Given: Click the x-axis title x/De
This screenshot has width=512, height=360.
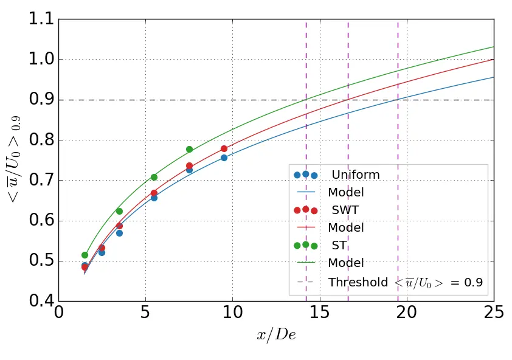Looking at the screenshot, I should [276, 335].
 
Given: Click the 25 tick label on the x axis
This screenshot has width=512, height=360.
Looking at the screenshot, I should [493, 312].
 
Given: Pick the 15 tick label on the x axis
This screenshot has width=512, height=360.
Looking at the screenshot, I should [319, 312].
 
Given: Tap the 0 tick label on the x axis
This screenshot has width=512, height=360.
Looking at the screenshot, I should [59, 312].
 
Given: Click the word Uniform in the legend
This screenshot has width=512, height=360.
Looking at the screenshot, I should [356, 175].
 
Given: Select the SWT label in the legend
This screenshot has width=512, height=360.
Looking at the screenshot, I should [344, 210].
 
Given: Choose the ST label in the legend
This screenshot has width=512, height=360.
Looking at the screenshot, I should [339, 246].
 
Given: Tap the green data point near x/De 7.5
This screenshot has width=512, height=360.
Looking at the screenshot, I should [189, 149].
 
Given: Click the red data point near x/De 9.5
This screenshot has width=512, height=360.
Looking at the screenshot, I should [224, 148].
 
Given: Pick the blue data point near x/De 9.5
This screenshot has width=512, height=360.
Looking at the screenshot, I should [224, 157].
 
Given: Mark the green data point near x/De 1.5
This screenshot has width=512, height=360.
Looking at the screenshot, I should [85, 255].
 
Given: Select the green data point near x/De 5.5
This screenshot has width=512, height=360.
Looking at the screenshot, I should [154, 177].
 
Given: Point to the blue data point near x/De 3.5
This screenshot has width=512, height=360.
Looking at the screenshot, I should [119, 233].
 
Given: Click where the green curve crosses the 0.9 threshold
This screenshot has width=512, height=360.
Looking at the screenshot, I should [306, 100].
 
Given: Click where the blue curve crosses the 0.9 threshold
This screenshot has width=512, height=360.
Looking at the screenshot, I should [398, 100].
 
